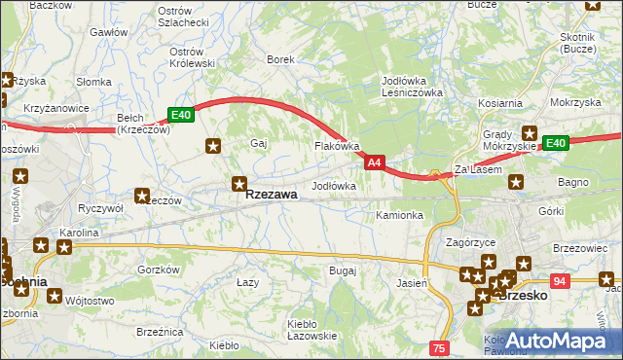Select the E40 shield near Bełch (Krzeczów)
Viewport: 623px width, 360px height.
click(x=181, y=115)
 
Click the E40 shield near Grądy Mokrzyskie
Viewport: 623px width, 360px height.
click(x=555, y=143)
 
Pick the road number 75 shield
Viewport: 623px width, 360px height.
click(x=439, y=347)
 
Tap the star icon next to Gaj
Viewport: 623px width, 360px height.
click(x=213, y=146)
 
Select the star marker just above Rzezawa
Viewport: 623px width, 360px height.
click(x=239, y=182)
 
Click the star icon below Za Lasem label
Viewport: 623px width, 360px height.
click(x=516, y=181)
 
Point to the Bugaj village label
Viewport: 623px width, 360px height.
click(x=343, y=270)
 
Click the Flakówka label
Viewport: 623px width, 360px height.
click(x=337, y=147)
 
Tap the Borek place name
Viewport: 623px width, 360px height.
click(x=280, y=59)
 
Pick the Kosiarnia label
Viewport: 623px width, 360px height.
click(x=500, y=102)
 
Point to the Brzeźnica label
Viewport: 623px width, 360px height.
click(x=161, y=332)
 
